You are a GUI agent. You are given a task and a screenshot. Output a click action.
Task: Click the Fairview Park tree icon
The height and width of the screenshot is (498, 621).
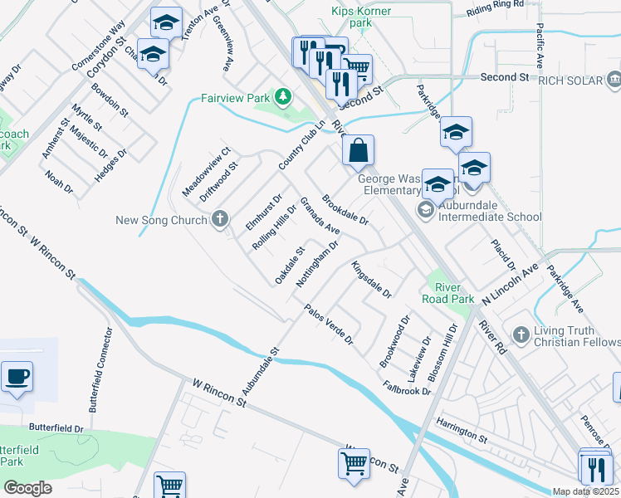(x=284, y=97)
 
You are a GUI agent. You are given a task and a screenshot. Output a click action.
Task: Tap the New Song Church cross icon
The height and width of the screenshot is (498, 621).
(x=219, y=220)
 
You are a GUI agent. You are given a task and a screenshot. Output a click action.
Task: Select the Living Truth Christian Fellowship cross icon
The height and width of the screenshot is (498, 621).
(x=521, y=334)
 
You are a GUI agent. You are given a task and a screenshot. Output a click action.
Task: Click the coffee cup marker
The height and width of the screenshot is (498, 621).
(x=17, y=377)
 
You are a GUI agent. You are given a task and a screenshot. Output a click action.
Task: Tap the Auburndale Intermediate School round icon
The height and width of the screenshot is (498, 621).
(x=425, y=207)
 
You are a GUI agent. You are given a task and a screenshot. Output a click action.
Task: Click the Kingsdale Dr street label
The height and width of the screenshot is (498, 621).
(x=371, y=280)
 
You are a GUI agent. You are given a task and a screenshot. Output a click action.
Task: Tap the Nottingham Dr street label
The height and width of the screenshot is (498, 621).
(x=317, y=261)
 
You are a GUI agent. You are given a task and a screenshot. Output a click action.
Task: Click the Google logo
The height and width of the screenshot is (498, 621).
(x=27, y=488)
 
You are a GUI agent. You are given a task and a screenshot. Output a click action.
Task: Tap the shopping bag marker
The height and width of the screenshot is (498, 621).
(x=358, y=151)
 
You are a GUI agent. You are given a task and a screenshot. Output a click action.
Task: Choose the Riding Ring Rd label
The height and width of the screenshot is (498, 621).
(x=495, y=5)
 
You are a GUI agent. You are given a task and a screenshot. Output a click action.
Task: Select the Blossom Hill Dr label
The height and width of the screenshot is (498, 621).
(x=443, y=353)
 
